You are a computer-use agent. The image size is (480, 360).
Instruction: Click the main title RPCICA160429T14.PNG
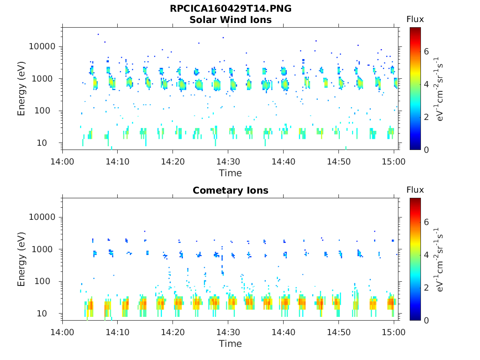tap(230, 9)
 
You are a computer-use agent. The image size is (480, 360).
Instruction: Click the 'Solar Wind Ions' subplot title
tap(230, 20)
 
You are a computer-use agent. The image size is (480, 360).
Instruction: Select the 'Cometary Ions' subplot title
tap(230, 190)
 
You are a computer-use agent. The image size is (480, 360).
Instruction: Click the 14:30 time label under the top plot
tap(228, 161)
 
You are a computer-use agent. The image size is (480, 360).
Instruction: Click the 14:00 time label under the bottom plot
tap(62, 332)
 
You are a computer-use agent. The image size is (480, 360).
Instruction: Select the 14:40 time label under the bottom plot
tap(283, 332)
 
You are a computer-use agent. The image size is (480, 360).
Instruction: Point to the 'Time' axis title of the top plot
tap(230, 173)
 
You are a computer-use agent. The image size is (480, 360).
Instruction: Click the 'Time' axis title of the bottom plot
tap(230, 344)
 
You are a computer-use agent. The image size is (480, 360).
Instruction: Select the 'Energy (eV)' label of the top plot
tap(22, 89)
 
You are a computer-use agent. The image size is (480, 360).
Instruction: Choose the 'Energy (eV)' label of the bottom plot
tap(22, 259)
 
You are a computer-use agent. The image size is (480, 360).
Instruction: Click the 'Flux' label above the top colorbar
tap(415, 19)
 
